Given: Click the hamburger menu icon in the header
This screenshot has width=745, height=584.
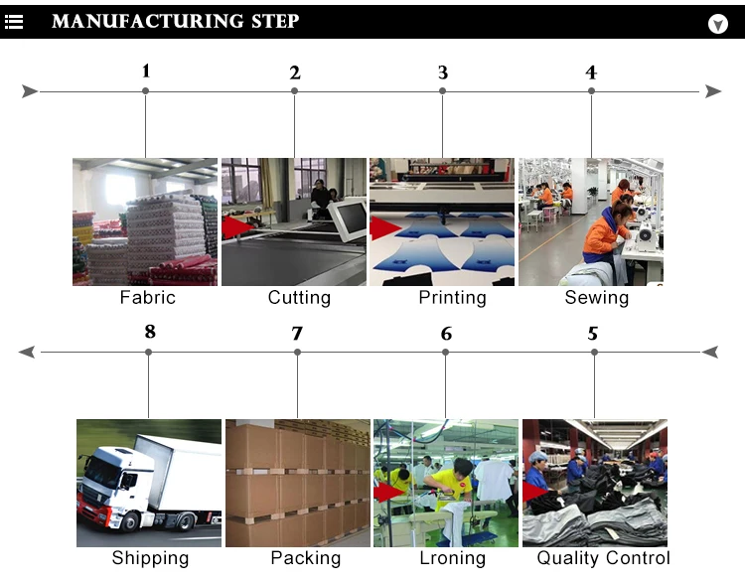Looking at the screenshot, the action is tap(14, 22).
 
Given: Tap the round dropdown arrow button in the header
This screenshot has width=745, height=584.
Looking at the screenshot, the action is tap(717, 24).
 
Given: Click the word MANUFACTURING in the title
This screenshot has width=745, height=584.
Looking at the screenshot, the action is tap(147, 22).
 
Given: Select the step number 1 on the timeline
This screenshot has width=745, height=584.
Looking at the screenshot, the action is tap(146, 72).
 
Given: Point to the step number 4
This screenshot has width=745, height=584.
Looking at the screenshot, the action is tap(591, 73).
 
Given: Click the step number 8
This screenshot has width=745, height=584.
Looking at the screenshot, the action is tap(150, 332).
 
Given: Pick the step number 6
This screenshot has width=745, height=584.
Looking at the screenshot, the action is tap(446, 334).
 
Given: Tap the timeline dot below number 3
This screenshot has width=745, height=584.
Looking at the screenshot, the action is tap(442, 90).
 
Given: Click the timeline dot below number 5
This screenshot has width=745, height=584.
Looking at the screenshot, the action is tap(594, 353).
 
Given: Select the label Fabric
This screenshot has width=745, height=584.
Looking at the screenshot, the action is tap(148, 298).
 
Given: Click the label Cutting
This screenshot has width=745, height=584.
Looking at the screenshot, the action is tap(299, 298).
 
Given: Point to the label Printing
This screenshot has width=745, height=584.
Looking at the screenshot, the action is tap(452, 298).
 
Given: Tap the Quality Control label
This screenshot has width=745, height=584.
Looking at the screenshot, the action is tap(603, 558).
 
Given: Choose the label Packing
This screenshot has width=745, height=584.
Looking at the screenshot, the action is tap(306, 558).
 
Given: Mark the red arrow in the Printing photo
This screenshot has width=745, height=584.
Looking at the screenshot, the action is tap(384, 228).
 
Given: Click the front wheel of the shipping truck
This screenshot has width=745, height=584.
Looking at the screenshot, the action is tap(129, 520).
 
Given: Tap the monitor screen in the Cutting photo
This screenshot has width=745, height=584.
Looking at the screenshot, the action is tap(353, 219).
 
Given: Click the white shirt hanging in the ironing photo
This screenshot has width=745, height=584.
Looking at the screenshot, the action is tap(494, 480).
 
